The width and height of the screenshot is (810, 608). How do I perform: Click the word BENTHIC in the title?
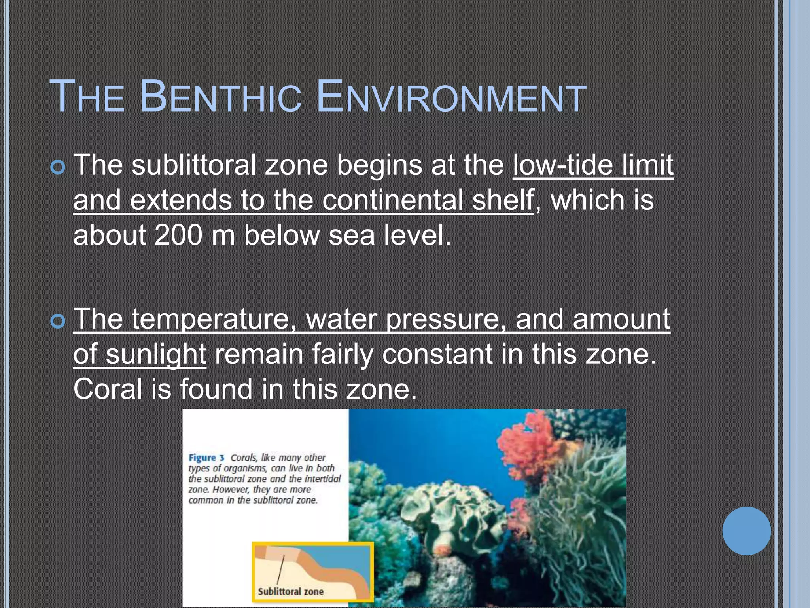220,97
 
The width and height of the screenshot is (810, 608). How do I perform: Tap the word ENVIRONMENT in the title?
451,97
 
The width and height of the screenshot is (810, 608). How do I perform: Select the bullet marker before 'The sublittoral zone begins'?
58,168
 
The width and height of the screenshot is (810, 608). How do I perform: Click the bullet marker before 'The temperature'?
58,321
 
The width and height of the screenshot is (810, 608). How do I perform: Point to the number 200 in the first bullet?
178,235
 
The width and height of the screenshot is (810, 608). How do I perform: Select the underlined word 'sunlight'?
156,354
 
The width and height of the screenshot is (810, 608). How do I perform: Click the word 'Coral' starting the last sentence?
108,389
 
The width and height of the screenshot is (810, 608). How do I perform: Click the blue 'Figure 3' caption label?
206,458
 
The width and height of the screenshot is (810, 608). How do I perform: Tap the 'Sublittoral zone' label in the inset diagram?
291,592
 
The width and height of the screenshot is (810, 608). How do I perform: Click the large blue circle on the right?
746,531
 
